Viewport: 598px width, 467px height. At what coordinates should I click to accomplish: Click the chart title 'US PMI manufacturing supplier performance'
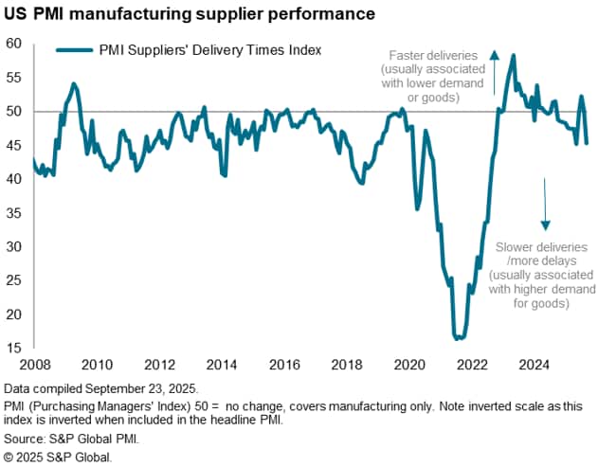(189, 15)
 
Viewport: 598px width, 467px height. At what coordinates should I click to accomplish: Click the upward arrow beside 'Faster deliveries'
(494, 72)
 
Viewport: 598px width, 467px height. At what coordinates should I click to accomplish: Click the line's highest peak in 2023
(513, 55)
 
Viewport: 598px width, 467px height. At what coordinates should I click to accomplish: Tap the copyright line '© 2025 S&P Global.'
(58, 457)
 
